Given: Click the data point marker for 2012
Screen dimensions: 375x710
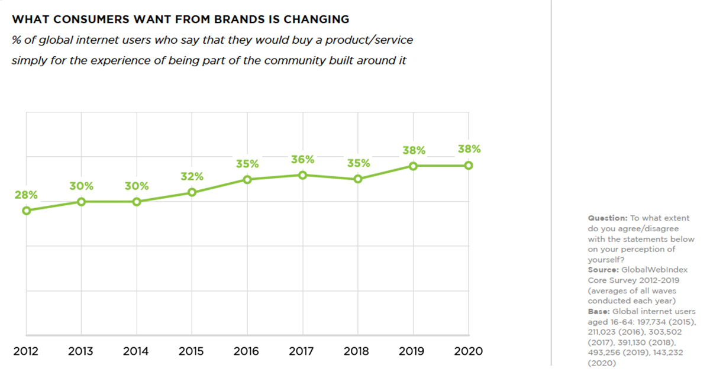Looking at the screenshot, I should click(x=27, y=211).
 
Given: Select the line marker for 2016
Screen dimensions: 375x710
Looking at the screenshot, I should click(x=247, y=179).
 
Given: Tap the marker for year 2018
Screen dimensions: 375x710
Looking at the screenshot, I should click(x=358, y=179).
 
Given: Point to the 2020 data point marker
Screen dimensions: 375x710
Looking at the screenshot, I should click(x=468, y=166).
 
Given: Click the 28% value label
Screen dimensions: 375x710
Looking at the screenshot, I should click(x=26, y=195).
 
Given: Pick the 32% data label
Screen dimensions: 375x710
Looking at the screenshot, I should click(x=192, y=176).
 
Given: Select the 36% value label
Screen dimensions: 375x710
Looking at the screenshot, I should click(x=302, y=160).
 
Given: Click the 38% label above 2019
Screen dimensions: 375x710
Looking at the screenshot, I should click(x=414, y=151).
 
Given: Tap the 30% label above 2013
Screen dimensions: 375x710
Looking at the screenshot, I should click(x=81, y=186).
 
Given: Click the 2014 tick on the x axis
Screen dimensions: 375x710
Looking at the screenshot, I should click(x=136, y=351).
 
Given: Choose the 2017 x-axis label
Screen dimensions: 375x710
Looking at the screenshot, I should click(x=302, y=351).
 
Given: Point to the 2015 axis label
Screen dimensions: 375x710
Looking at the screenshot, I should click(x=191, y=351).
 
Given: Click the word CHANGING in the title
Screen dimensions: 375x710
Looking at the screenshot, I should click(x=317, y=20).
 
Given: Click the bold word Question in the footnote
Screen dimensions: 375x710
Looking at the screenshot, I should click(x=606, y=218).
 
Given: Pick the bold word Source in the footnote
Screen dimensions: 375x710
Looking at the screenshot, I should click(x=603, y=270).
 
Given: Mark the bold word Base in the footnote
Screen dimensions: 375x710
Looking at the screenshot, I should click(x=598, y=311).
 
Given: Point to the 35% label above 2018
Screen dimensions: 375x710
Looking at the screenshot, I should click(x=358, y=163).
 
